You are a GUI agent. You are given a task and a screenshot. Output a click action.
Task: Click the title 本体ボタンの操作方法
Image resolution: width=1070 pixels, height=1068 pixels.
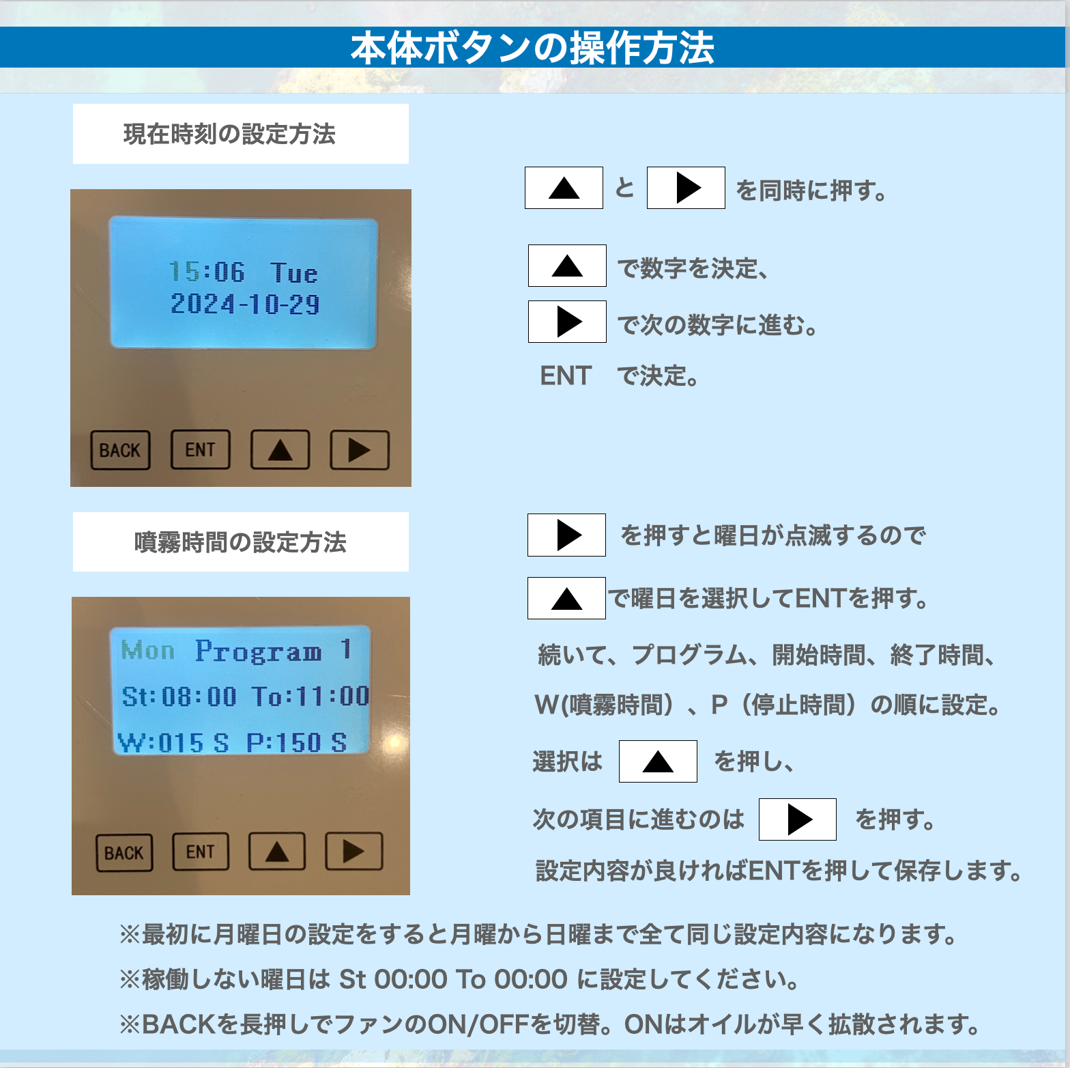(x=532, y=48)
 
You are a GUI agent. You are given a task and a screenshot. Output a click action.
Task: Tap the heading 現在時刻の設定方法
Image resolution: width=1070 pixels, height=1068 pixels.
(x=229, y=134)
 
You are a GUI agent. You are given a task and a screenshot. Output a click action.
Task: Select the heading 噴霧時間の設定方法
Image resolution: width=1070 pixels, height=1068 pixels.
(x=240, y=542)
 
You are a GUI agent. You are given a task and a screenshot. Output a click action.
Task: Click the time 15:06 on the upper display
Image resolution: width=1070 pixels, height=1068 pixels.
(x=207, y=272)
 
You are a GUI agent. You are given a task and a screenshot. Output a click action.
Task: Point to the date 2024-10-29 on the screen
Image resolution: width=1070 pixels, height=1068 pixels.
(x=245, y=304)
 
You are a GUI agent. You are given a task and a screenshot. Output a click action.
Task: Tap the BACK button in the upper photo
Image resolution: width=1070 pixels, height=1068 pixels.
(x=120, y=450)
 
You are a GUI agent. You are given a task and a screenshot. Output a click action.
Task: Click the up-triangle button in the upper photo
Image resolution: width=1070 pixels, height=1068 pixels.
(x=280, y=449)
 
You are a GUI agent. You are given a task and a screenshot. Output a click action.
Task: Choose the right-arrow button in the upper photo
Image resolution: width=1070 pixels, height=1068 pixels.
(x=360, y=450)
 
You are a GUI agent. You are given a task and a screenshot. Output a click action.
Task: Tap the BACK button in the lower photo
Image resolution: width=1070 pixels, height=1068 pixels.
(x=124, y=853)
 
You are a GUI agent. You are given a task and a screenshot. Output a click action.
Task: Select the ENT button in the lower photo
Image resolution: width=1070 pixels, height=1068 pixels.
(x=201, y=852)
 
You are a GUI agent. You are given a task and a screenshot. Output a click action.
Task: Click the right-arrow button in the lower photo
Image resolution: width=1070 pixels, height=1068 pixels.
(x=353, y=851)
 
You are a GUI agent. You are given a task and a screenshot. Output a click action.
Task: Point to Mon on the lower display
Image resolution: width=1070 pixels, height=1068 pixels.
(x=147, y=650)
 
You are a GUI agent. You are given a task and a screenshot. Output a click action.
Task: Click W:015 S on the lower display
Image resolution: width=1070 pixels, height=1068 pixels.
(x=173, y=742)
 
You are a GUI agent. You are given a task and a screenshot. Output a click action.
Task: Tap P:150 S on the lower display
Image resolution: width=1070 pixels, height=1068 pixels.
(x=297, y=742)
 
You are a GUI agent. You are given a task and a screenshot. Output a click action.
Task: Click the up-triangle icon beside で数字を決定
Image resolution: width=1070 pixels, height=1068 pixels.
(x=567, y=266)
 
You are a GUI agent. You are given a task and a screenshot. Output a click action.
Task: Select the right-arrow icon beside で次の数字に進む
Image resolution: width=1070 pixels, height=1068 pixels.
(x=567, y=322)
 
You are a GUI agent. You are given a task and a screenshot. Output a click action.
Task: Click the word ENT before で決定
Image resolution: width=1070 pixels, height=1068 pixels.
(x=566, y=376)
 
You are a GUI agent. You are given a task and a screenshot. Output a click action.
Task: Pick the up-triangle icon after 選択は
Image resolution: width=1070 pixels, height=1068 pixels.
(x=658, y=761)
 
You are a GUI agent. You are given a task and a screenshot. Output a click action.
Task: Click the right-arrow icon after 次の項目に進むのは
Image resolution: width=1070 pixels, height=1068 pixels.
(x=798, y=819)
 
